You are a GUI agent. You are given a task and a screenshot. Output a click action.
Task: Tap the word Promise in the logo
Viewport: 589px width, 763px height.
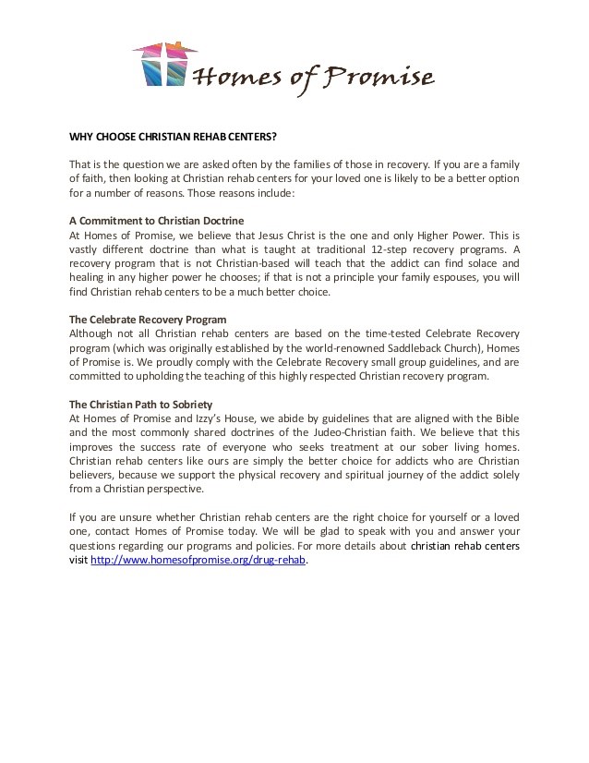point(379,78)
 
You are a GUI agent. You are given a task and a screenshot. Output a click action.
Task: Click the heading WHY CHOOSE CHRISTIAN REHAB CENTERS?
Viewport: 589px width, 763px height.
point(174,136)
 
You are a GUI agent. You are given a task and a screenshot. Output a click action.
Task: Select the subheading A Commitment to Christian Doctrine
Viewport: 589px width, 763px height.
point(156,221)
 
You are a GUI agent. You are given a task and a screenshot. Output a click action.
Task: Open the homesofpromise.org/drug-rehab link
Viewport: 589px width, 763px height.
point(198,561)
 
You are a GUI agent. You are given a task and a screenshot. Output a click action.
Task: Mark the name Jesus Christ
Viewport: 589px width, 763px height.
point(284,236)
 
